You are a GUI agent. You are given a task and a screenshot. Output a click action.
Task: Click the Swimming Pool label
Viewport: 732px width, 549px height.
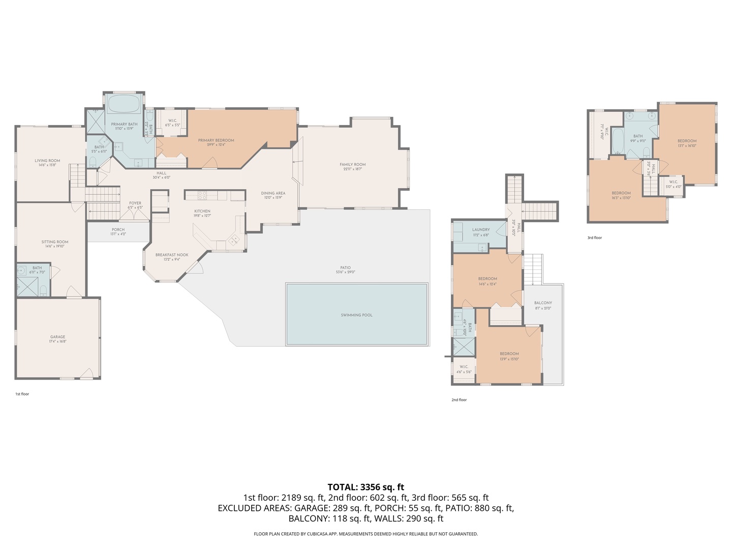tap(356, 315)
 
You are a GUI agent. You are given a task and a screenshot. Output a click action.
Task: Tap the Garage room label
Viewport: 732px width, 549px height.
tap(57, 337)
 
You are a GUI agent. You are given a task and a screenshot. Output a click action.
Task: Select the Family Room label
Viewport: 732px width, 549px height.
tap(352, 164)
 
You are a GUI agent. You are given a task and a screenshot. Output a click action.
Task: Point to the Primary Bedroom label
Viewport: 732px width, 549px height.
tap(216, 140)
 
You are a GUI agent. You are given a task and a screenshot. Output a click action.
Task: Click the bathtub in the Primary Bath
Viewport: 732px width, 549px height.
tap(124, 104)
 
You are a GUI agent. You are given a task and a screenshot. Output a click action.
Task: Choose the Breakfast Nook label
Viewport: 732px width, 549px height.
tap(172, 255)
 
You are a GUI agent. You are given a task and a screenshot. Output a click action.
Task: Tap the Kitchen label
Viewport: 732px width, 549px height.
tap(202, 211)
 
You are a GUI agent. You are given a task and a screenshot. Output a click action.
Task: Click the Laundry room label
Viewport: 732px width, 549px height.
tap(480, 230)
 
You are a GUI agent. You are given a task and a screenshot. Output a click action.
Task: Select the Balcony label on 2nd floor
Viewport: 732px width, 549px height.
tap(543, 303)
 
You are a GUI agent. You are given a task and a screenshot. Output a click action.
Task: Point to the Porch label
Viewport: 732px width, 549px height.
tap(118, 230)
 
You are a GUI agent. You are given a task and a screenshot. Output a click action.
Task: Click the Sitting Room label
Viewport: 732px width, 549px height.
tap(55, 242)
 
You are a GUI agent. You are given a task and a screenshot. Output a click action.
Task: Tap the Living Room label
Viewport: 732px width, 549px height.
tap(47, 161)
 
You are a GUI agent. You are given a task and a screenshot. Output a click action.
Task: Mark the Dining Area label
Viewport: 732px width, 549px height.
tap(273, 193)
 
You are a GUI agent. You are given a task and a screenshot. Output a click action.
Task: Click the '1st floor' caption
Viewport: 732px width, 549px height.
tap(22, 394)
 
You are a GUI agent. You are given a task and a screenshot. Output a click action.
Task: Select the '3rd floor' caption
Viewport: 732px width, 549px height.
tap(594, 237)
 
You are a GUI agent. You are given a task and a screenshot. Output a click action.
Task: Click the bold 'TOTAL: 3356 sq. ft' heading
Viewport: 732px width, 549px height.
tap(365, 487)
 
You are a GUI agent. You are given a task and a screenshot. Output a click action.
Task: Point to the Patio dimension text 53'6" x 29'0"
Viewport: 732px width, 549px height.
tap(345, 272)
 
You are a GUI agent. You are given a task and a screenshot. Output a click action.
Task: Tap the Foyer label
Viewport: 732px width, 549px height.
tap(135, 203)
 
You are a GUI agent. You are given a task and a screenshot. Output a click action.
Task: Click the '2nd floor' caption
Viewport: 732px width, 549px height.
tap(459, 400)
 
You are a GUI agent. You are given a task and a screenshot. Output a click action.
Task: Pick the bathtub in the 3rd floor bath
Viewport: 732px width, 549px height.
tap(617, 141)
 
